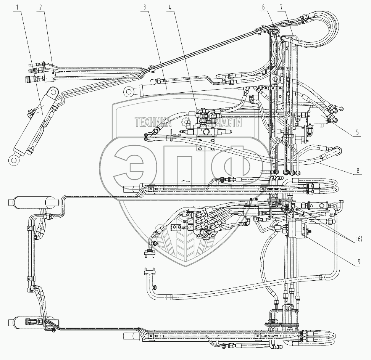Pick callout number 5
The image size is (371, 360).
pyautogui.click(x=357, y=133)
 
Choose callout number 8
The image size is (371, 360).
pyautogui.click(x=358, y=171)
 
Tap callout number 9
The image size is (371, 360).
pyautogui.click(x=358, y=262)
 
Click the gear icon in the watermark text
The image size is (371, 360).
pyautogui.click(x=186, y=122)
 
